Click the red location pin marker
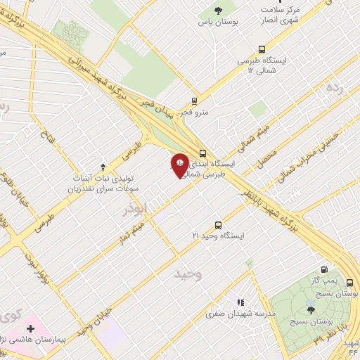[x=179, y=165]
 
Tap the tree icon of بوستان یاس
[x=218, y=10]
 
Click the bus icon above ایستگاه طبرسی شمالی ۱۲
[x=262, y=50]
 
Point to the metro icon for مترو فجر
[x=195, y=101]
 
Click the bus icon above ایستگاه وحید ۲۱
[x=219, y=225]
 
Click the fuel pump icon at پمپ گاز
[x=324, y=269]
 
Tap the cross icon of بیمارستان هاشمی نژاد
[x=30, y=328]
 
